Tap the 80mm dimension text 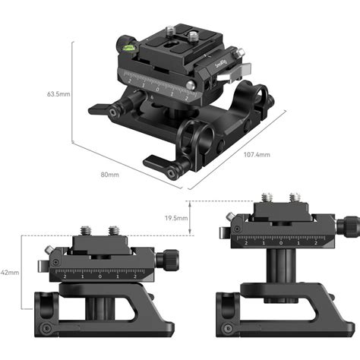coord(109,175)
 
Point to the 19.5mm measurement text coord(177,217)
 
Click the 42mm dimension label coord(9,271)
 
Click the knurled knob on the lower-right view coord(352,225)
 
